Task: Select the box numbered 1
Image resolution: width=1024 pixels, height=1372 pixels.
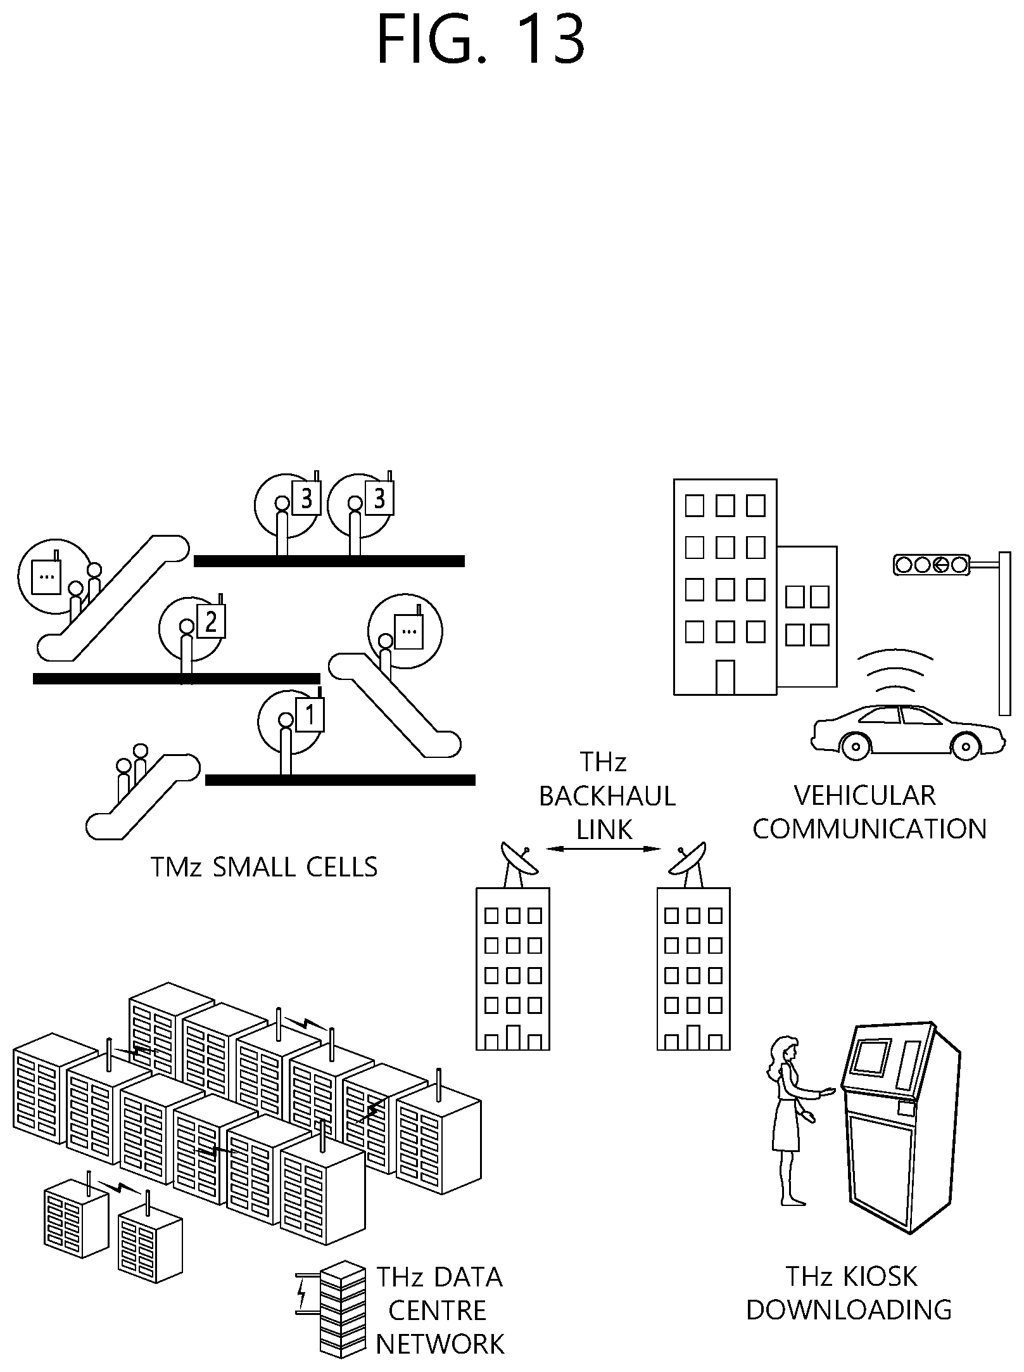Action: click(310, 715)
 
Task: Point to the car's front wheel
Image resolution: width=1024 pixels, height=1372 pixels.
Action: click(856, 747)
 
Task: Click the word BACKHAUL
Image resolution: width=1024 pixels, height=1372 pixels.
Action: click(607, 797)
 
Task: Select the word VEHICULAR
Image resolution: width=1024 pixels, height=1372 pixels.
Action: click(865, 796)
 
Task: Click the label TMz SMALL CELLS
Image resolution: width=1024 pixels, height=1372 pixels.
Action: click(264, 867)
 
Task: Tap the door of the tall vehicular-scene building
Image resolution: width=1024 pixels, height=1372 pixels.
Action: click(725, 677)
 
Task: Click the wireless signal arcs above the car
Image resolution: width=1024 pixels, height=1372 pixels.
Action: click(895, 672)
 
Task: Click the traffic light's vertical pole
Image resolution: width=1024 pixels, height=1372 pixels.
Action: click(1004, 633)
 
